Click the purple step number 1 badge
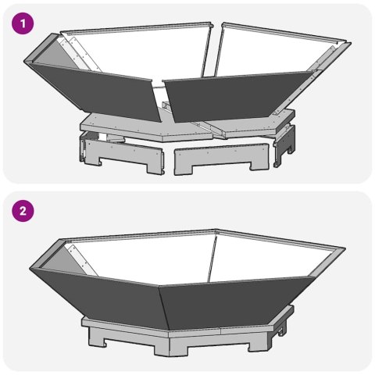(26, 24)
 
